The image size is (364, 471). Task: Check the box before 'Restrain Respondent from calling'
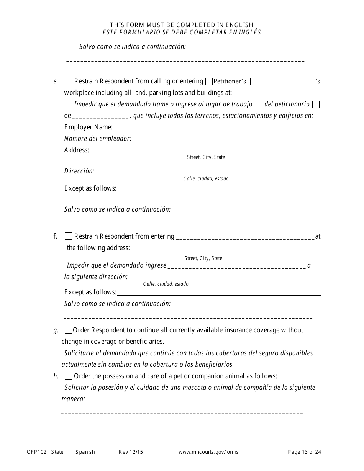pos(68,81)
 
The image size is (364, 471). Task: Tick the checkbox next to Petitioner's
pos(209,81)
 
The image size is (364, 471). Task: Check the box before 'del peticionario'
pos(258,104)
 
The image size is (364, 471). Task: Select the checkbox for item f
pos(68,236)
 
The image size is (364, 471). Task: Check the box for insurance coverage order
pos(68,330)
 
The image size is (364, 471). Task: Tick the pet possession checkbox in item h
pos(68,376)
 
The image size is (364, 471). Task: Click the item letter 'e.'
pos(56,81)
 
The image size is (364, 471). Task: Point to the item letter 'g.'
pos(56,330)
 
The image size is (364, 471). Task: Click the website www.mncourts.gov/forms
pos(208,452)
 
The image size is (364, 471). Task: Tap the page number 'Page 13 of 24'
pos(305,452)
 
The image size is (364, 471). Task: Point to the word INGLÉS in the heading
pos(249,32)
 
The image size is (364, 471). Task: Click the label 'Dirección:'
pos(79,171)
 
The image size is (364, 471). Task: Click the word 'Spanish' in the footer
pos(85,452)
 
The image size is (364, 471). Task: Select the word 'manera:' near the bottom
pos(73,399)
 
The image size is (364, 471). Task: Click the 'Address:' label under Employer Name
pos(77,150)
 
